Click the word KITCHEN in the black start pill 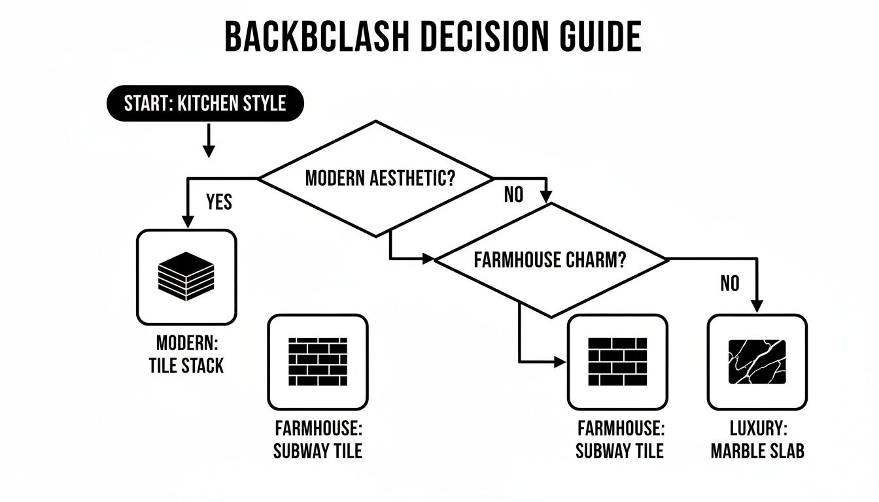[209, 103]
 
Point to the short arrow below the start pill [209, 141]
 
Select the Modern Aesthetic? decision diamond [376, 178]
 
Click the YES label [219, 202]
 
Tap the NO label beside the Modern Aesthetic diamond [514, 195]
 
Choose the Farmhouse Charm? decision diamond [551, 260]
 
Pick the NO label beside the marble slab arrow [729, 283]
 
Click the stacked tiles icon [186, 276]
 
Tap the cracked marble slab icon [757, 361]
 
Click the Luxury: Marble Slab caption [757, 439]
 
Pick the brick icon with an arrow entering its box [617, 361]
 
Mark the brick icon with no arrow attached [317, 361]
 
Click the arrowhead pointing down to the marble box [757, 305]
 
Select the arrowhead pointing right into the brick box [559, 361]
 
